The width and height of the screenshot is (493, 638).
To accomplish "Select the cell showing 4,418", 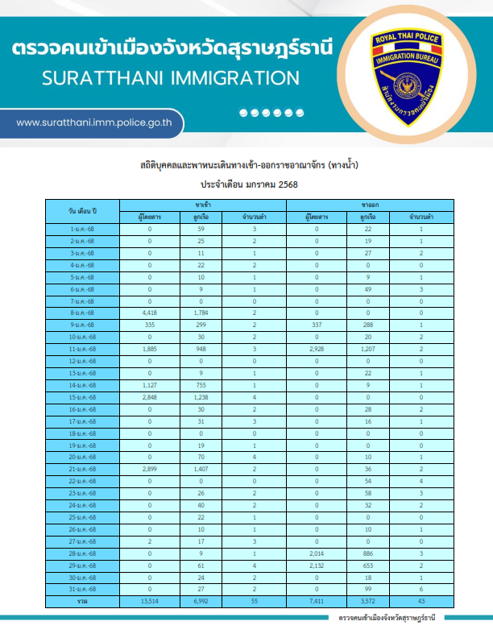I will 149,313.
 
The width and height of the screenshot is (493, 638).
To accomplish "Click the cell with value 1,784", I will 201,313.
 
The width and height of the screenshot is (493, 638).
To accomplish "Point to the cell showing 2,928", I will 317,349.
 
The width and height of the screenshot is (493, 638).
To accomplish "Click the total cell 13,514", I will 149,602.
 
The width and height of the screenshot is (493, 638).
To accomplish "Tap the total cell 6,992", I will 201,602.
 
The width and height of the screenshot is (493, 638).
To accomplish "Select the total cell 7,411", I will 317,602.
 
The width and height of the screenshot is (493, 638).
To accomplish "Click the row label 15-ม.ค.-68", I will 82,397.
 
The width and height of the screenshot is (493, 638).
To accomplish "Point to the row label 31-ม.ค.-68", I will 82,590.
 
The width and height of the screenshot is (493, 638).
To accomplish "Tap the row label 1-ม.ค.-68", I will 82,229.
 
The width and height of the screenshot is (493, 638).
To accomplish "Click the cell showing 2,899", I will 149,469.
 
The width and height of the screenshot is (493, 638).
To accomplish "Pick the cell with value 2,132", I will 317,565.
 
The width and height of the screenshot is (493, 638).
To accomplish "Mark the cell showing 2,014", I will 317,553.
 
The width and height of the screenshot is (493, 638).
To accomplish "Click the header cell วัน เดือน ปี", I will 82,211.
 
